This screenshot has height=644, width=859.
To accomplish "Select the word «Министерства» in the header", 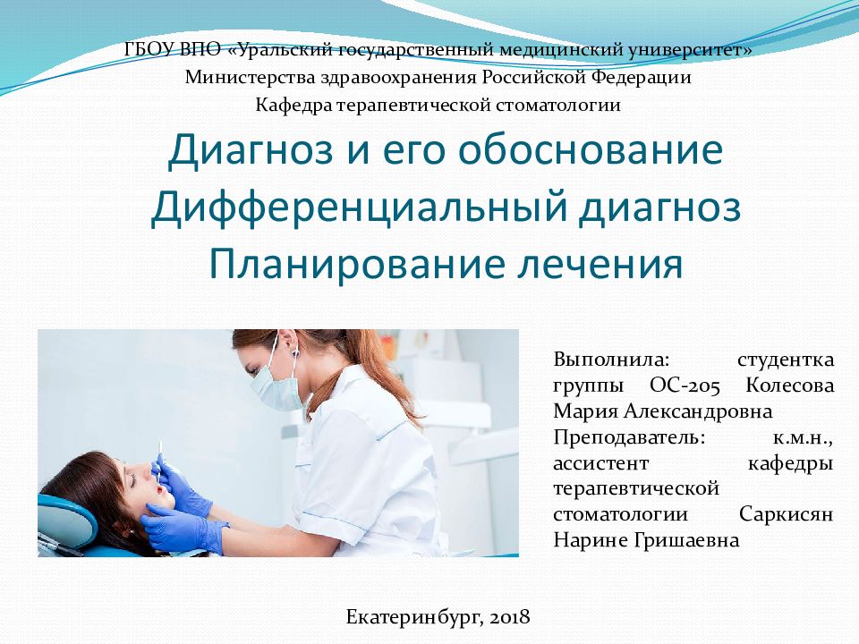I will click(x=242, y=78).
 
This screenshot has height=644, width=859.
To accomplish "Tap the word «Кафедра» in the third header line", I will click(x=293, y=106).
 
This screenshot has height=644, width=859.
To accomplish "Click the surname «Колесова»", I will click(x=789, y=386).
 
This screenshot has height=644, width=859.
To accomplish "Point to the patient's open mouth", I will click(x=160, y=490).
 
